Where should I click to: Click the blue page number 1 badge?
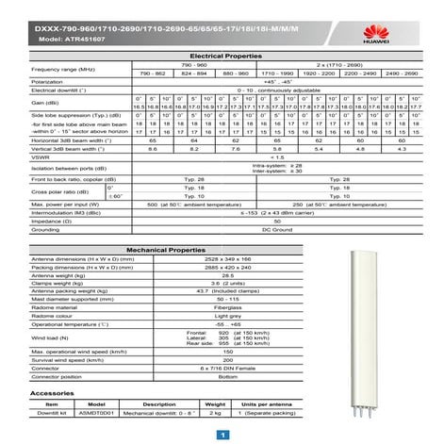pos(222,435)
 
